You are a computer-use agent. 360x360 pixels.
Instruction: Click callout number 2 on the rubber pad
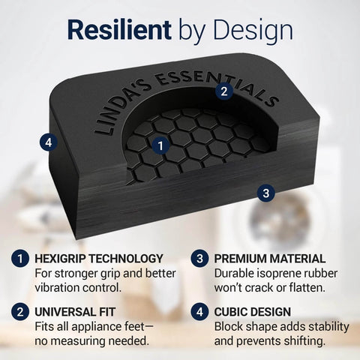pyautogui.click(x=223, y=91)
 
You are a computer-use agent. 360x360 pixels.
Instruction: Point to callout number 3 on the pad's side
pyautogui.click(x=264, y=193)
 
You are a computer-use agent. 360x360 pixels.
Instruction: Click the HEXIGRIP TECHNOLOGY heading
pyautogui.click(x=99, y=259)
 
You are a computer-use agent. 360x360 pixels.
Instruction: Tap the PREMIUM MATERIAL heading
pyautogui.click(x=270, y=259)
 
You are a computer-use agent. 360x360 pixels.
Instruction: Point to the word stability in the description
pyautogui.click(x=327, y=325)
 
